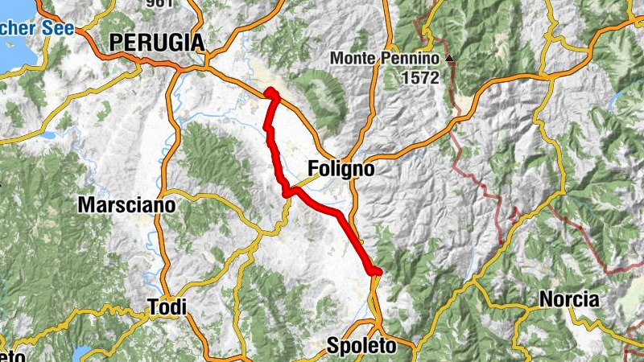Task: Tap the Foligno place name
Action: coord(341,170)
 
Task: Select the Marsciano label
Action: coord(126,205)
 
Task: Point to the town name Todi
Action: coord(167,306)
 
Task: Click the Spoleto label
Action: coord(362,346)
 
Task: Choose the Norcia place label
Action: coord(569,300)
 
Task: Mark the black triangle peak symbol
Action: coord(450,58)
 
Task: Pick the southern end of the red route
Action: coord(376,272)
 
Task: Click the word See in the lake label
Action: coord(60,28)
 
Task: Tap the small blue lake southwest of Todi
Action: coord(80,352)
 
